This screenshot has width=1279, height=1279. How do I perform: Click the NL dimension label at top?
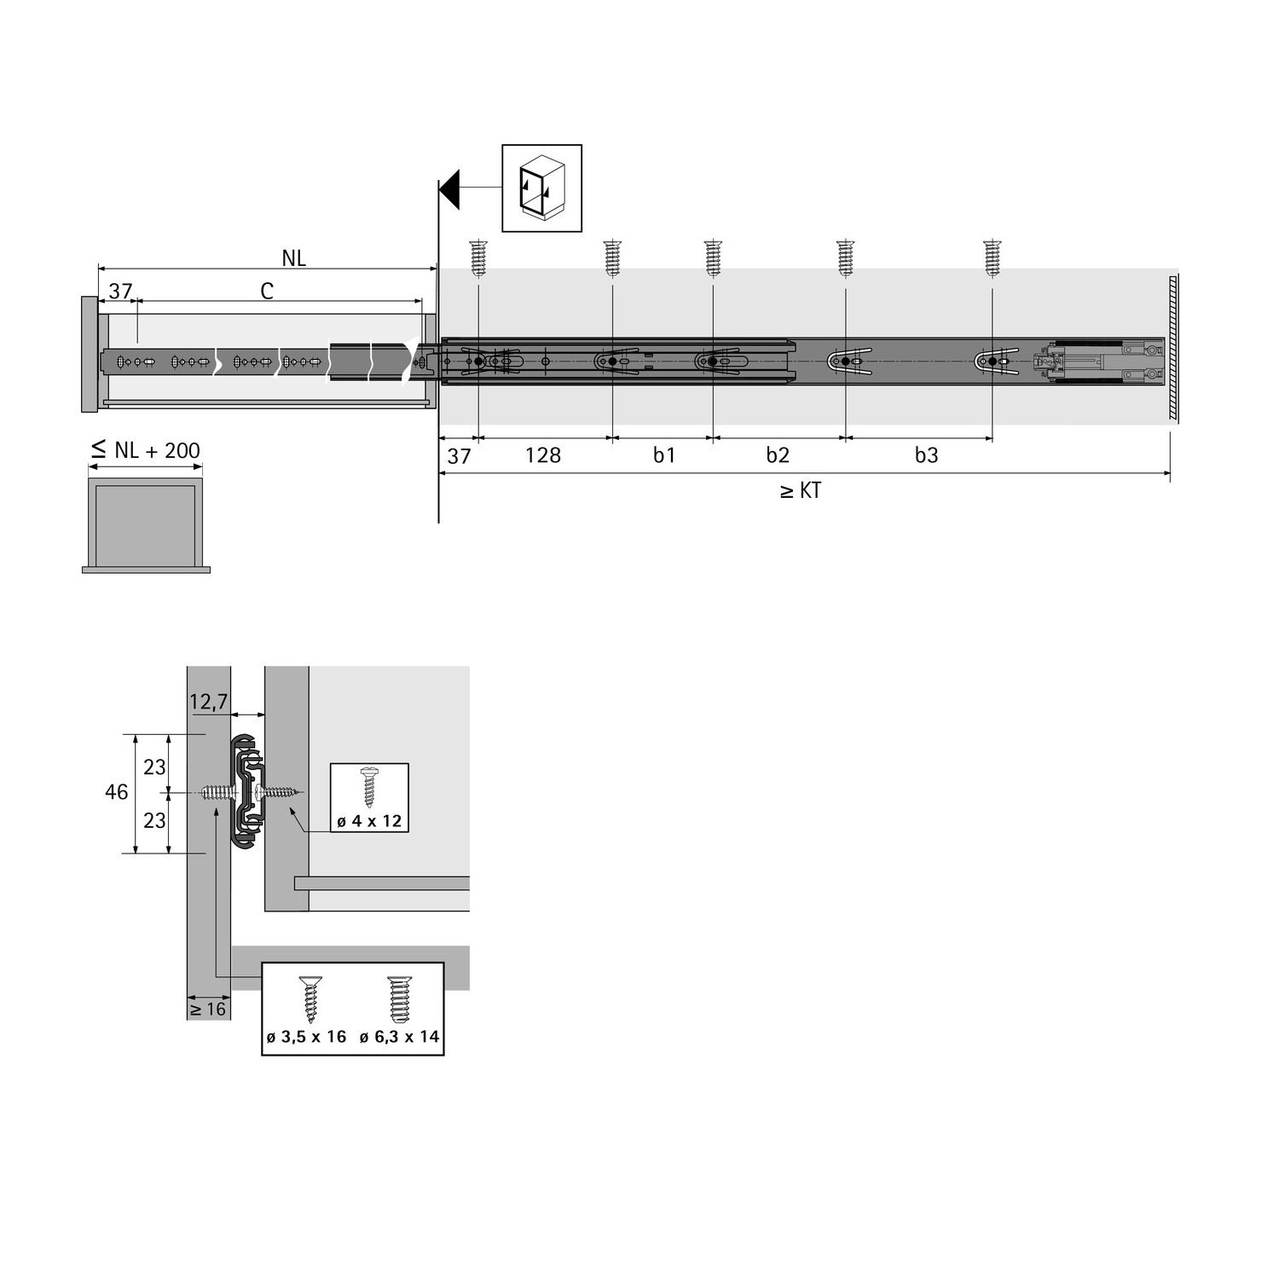pyautogui.click(x=293, y=258)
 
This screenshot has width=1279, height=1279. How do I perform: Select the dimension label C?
pyautogui.click(x=267, y=292)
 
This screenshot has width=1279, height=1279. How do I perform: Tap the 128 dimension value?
pyautogui.click(x=543, y=455)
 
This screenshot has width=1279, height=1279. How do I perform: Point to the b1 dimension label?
pyautogui.click(x=664, y=455)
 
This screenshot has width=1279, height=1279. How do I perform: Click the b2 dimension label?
pyautogui.click(x=778, y=455)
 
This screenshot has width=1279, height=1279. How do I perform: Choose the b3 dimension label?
pyautogui.click(x=926, y=455)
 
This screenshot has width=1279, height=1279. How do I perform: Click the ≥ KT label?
pyautogui.click(x=801, y=491)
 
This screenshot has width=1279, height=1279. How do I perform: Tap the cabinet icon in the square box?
pyautogui.click(x=541, y=188)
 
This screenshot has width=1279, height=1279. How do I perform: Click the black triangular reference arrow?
pyautogui.click(x=450, y=188)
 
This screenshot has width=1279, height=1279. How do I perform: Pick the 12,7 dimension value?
pyautogui.click(x=208, y=702)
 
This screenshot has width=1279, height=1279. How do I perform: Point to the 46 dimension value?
pyautogui.click(x=117, y=792)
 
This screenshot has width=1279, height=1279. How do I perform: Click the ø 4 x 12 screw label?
pyautogui.click(x=369, y=821)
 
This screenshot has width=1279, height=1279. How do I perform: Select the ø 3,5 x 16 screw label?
pyautogui.click(x=306, y=1037)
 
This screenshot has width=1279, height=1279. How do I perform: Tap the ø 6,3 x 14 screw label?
pyautogui.click(x=399, y=1037)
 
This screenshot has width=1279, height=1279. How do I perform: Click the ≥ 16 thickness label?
pyautogui.click(x=208, y=1010)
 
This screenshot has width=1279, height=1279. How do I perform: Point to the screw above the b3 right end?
pyautogui.click(x=992, y=258)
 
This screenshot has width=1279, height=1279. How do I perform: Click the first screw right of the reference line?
pyautogui.click(x=478, y=258)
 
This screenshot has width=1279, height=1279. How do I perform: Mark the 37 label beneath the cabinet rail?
pyautogui.click(x=459, y=456)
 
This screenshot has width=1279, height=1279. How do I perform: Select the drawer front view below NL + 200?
pyautogui.click(x=146, y=525)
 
